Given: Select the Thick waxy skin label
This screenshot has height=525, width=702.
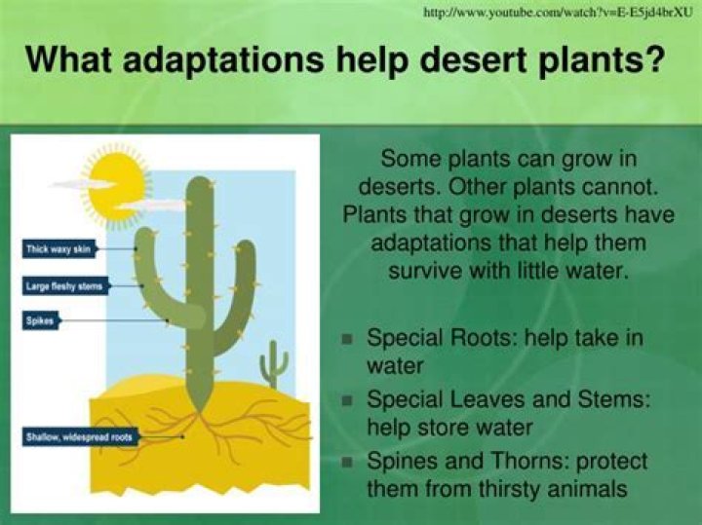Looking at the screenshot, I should (x=58, y=250).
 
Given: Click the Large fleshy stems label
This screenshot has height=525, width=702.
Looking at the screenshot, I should (x=62, y=286).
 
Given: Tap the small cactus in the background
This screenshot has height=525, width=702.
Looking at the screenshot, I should (x=275, y=362).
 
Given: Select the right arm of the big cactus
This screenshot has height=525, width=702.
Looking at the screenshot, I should (x=244, y=282).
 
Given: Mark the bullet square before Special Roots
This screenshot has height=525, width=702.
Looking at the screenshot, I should (x=347, y=339).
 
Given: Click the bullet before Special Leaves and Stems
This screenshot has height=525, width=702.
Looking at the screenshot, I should (x=347, y=399).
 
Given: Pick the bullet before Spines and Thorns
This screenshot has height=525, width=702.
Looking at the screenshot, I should (x=347, y=461).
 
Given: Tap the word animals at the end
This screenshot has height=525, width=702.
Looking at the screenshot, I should (x=584, y=488).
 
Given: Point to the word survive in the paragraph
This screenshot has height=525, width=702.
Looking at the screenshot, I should (x=421, y=268).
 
